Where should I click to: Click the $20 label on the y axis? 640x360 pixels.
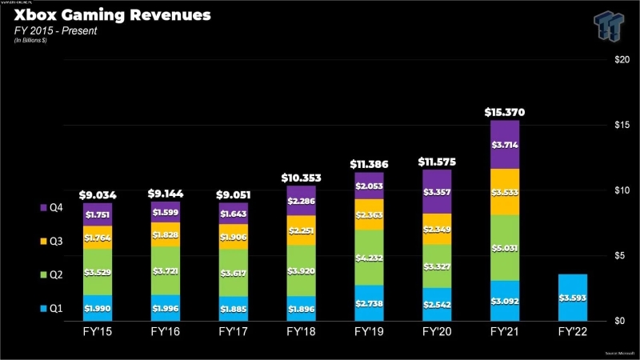(621, 60)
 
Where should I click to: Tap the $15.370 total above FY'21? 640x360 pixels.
(504, 112)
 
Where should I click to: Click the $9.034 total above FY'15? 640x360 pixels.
(97, 194)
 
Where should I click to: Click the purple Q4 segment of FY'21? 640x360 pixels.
(504, 145)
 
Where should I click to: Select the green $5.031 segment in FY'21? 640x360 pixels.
(504, 247)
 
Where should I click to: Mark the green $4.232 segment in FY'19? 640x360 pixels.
(368, 258)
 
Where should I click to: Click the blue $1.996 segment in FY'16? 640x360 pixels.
(165, 307)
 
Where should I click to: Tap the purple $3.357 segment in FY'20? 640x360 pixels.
(436, 191)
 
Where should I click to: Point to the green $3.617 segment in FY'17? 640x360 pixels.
(232, 273)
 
